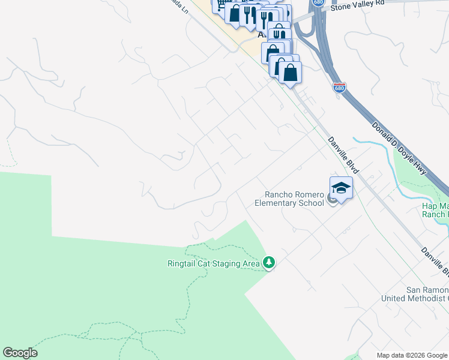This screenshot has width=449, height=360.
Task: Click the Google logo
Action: [20, 353]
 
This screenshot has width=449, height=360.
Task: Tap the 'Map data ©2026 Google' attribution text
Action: [412, 355]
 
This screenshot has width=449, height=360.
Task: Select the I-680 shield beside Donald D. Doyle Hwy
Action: [339, 88]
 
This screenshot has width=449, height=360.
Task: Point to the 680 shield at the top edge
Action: [319, 2]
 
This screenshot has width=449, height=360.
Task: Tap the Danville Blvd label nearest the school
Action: [343, 155]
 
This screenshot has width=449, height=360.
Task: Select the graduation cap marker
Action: [341, 188]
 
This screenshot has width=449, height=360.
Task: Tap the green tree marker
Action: [269, 263]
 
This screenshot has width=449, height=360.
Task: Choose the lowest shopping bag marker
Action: [290, 73]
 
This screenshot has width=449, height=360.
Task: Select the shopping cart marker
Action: [220, 5]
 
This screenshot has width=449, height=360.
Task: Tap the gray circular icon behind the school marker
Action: [333, 200]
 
